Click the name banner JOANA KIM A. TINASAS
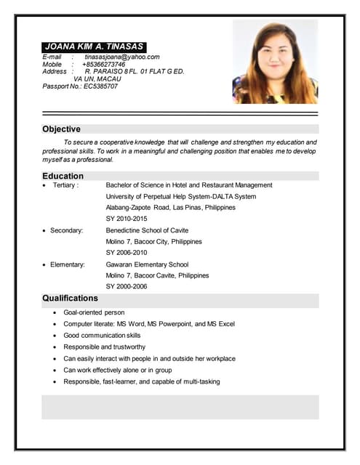pyautogui.click(x=94, y=46)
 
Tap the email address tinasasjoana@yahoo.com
pyautogui.click(x=121, y=57)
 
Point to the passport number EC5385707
pyautogui.click(x=100, y=86)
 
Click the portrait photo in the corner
pyautogui.click(x=275, y=62)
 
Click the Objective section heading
pyautogui.click(x=61, y=129)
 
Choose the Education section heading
pyautogui.click(x=63, y=176)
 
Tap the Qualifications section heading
pyautogui.click(x=70, y=298)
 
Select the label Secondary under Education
pyautogui.click(x=66, y=230)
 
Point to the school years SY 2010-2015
pyautogui.click(x=127, y=219)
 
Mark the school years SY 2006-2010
pyautogui.click(x=127, y=252)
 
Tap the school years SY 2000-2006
pyautogui.click(x=127, y=286)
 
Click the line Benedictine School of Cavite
pyautogui.click(x=147, y=230)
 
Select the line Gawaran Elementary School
pyautogui.click(x=147, y=264)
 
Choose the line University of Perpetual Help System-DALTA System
pyautogui.click(x=181, y=196)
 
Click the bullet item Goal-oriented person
pyautogui.click(x=94, y=312)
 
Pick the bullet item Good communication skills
pyautogui.click(x=102, y=336)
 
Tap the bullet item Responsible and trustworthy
pyautogui.click(x=105, y=347)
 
